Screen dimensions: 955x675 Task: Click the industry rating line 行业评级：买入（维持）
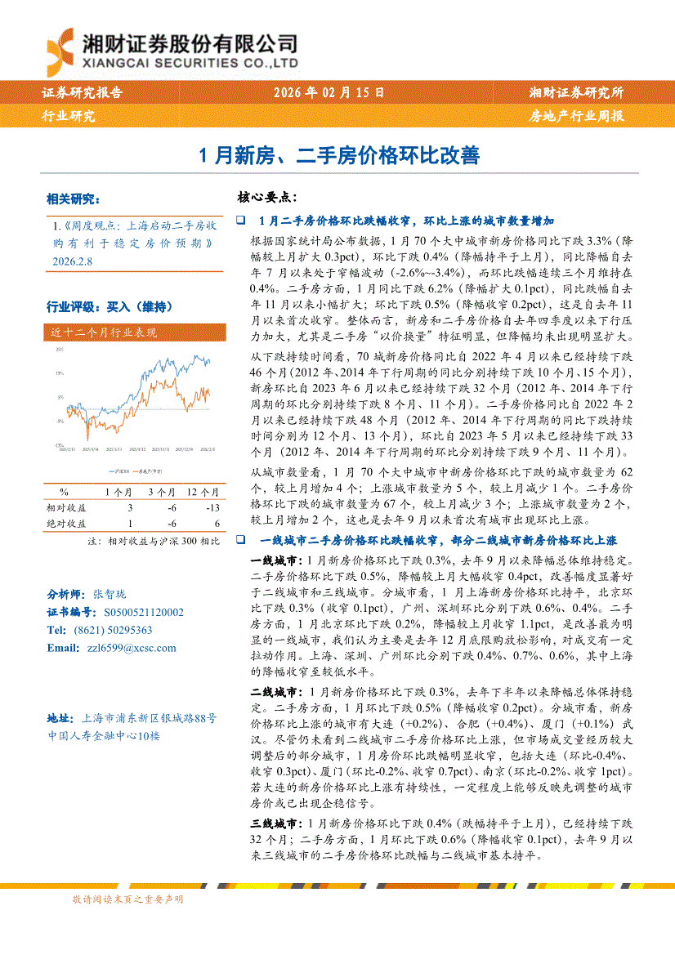pyautogui.click(x=110, y=307)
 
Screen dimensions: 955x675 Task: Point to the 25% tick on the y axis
pyautogui.click(x=59, y=350)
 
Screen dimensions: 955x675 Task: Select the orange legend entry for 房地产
pyautogui.click(x=146, y=472)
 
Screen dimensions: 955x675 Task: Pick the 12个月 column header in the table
pyautogui.click(x=203, y=493)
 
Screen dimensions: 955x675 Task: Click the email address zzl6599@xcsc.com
pyautogui.click(x=123, y=648)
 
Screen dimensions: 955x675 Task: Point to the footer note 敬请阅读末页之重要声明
pyautogui.click(x=127, y=899)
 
